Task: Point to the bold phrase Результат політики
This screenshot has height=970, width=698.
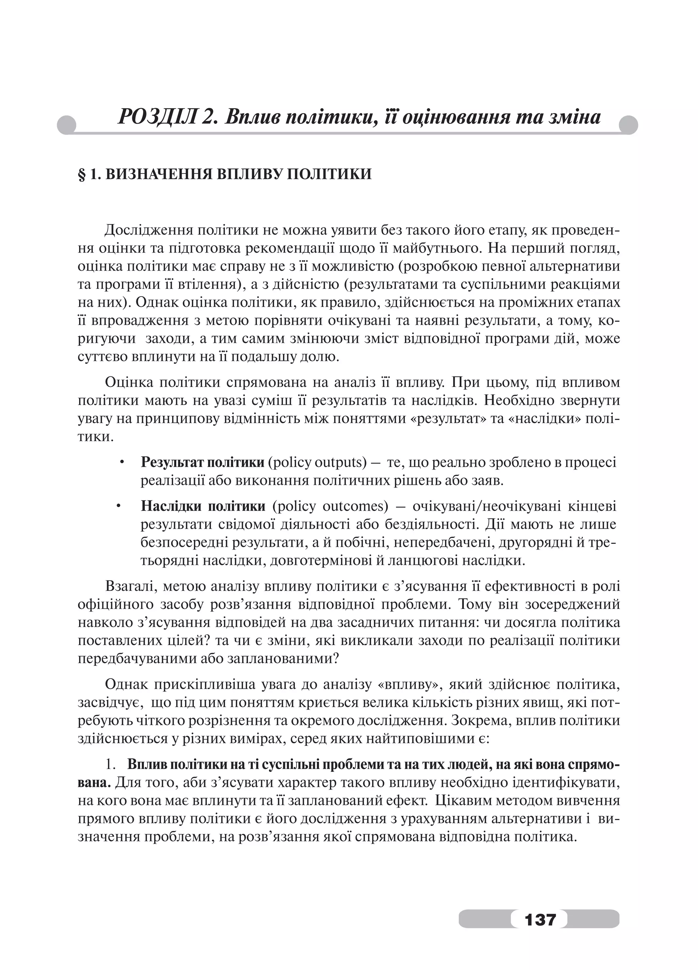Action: pos(202,462)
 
